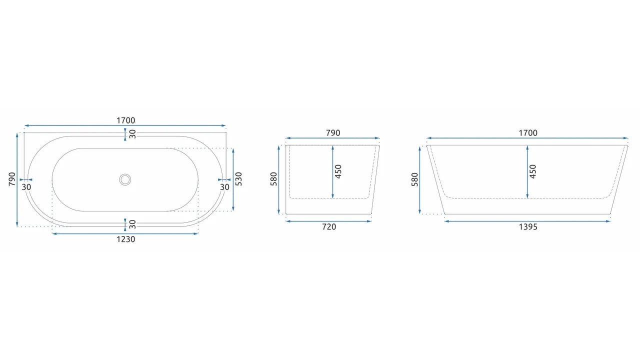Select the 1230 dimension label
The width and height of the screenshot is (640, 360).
[125, 239]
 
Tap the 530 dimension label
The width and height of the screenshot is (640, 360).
[238, 179]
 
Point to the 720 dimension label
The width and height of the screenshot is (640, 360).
[329, 227]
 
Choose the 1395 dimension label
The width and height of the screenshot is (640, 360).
[528, 227]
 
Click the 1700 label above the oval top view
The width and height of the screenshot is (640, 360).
[125, 120]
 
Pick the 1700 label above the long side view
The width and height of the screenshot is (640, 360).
[528, 133]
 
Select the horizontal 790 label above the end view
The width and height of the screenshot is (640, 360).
[333, 133]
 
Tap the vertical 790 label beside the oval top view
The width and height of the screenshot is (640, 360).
[12, 179]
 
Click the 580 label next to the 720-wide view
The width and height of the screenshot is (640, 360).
[273, 179]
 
